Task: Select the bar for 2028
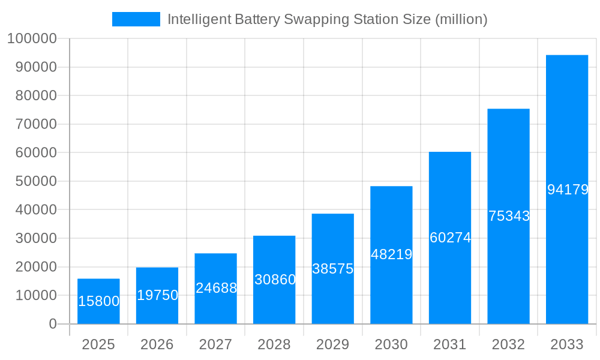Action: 274,264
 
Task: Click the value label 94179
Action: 568,190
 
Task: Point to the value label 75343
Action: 509,216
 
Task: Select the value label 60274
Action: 450,238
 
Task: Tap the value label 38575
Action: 333,269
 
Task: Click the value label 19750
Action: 157,295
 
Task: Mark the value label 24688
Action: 216,288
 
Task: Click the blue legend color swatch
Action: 136,19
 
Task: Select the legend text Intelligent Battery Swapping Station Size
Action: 327,19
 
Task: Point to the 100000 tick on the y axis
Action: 31,39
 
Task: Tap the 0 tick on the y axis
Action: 52,324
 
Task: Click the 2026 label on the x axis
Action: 157,344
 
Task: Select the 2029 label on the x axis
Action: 333,344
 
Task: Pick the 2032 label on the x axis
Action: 508,344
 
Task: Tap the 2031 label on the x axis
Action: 450,344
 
